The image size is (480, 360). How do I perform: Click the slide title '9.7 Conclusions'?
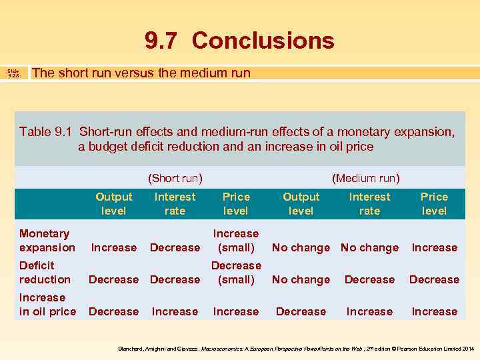(239, 41)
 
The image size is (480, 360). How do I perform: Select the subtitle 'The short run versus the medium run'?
(141, 73)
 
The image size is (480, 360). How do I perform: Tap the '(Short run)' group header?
(175, 178)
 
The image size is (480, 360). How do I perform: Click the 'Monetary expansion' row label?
(47, 241)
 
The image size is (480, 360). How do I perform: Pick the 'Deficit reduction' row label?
(45, 273)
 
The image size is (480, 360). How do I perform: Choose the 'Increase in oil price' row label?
(47, 305)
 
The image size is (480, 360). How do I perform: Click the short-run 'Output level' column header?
(114, 204)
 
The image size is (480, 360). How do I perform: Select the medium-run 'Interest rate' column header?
(369, 204)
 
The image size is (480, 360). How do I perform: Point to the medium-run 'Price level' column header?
(434, 204)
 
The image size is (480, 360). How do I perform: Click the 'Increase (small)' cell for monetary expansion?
(235, 241)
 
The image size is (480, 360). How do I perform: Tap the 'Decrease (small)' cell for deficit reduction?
(235, 273)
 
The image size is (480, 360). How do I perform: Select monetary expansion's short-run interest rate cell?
(175, 248)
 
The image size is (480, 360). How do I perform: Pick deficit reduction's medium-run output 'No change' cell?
(301, 280)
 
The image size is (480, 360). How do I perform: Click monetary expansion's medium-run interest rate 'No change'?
(369, 248)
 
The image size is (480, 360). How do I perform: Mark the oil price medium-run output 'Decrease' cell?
(301, 312)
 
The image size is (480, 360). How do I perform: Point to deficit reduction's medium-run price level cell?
(434, 280)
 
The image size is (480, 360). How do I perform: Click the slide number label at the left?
(14, 73)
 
